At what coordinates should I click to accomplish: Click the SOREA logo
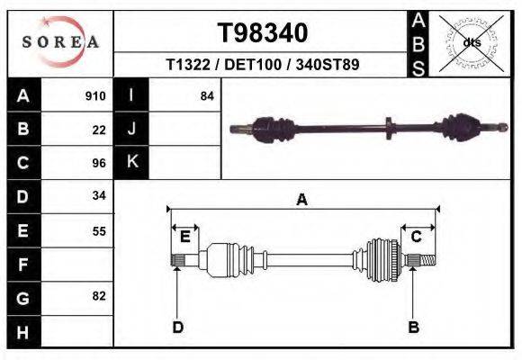[x=59, y=42]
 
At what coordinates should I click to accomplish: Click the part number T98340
[x=263, y=33]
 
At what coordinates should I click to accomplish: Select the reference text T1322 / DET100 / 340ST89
[x=263, y=65]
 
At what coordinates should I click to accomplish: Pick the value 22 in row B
[x=99, y=130]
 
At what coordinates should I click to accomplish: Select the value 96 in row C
[x=99, y=163]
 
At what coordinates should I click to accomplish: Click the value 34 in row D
[x=99, y=195]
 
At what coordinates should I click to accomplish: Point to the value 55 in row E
[x=99, y=230]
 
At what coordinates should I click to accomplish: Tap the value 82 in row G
[x=99, y=296]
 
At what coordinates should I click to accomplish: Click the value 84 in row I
[x=207, y=96]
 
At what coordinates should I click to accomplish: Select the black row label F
[x=22, y=265]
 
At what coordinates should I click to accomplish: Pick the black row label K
[x=131, y=162]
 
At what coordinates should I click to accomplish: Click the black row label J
[x=131, y=130]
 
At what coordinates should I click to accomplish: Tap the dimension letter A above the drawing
[x=301, y=200]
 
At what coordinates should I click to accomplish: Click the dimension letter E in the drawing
[x=184, y=237]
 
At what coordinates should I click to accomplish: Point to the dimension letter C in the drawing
[x=417, y=237]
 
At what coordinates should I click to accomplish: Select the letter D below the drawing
[x=177, y=327]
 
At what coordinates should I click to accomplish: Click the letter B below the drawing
[x=413, y=327]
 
